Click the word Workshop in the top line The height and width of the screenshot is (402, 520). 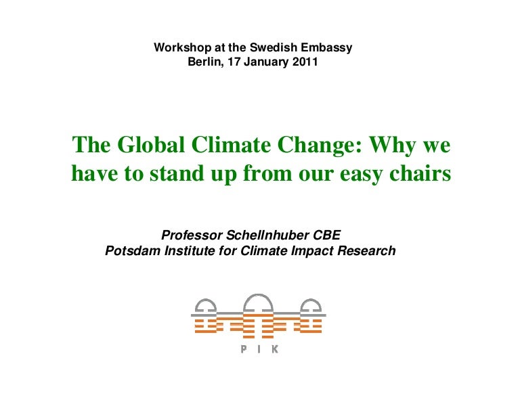(182, 48)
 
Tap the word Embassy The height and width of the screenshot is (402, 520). (326, 48)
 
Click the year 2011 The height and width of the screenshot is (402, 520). (305, 62)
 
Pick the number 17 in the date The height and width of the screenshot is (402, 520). (234, 62)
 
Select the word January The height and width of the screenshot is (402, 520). (266, 63)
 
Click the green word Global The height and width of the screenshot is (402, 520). (151, 145)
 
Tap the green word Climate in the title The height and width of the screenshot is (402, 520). (231, 145)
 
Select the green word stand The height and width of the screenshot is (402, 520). (177, 173)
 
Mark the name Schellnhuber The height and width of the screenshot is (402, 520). (267, 235)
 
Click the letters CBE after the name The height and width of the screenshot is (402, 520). (327, 235)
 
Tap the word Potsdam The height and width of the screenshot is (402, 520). (133, 250)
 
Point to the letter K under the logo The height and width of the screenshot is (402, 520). (275, 349)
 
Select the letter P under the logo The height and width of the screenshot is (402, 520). (244, 349)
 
